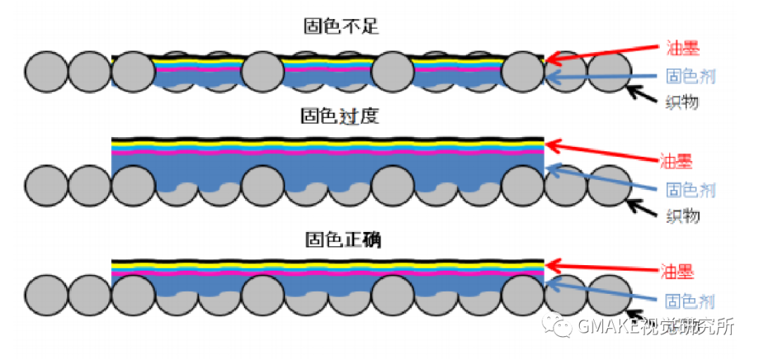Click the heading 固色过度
pyautogui.click(x=339, y=115)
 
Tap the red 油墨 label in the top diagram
pyautogui.click(x=682, y=49)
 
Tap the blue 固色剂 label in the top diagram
pyautogui.click(x=690, y=76)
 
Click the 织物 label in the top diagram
pyautogui.click(x=682, y=103)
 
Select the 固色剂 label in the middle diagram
pyautogui.click(x=690, y=189)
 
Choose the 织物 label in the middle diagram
pyautogui.click(x=682, y=216)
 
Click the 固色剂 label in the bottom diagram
pyautogui.click(x=689, y=302)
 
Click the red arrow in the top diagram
pyautogui.click(x=604, y=52)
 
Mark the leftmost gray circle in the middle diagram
pyautogui.click(x=46, y=186)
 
